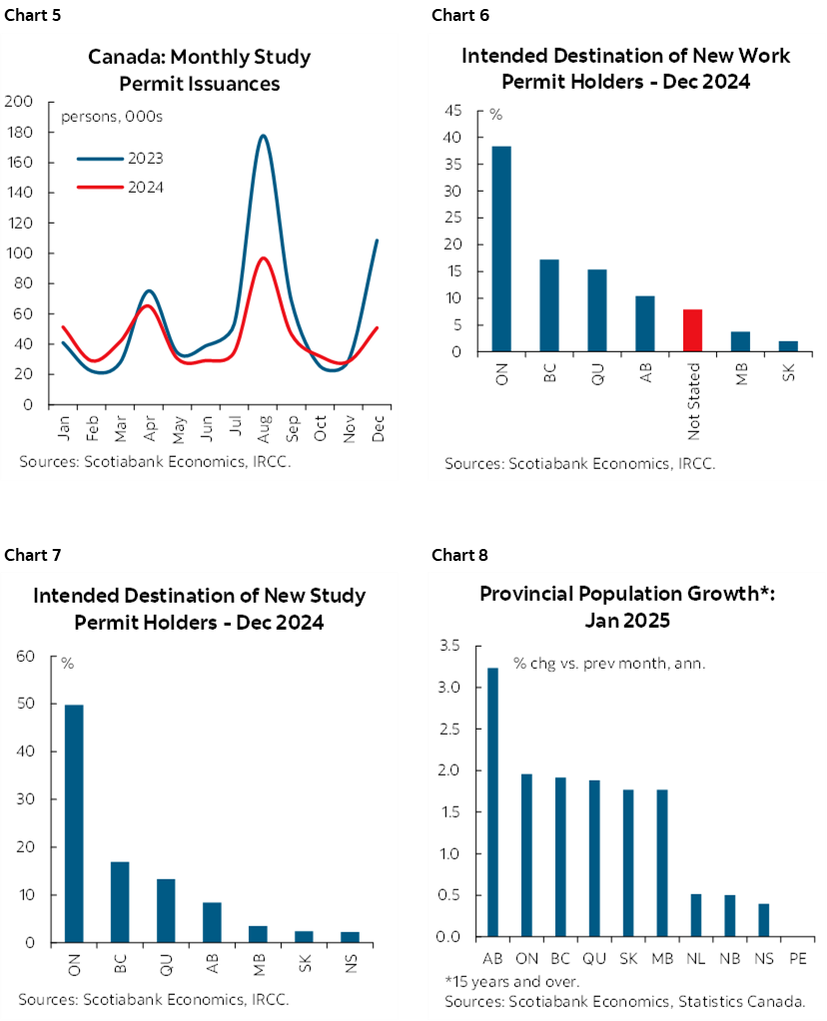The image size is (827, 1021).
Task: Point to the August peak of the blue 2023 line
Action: [263, 136]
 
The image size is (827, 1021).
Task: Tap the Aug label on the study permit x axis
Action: [263, 426]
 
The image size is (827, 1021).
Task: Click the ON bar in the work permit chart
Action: [500, 249]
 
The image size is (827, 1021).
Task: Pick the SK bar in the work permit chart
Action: [788, 346]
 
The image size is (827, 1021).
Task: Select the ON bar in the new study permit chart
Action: [73, 823]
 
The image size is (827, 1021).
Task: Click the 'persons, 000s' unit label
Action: [112, 117]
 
